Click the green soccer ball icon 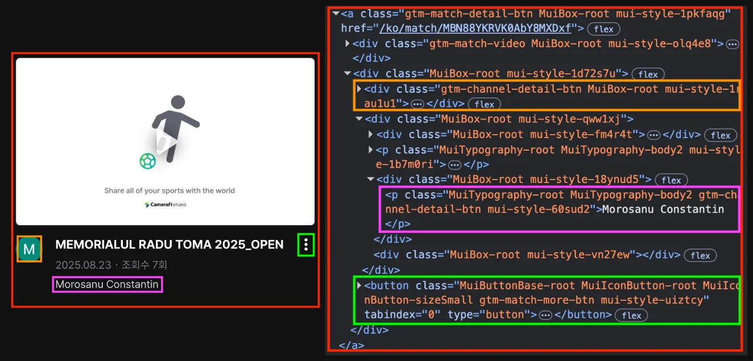coord(147,161)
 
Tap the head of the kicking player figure coord(177,103)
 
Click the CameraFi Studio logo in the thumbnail coord(165,204)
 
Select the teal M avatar coord(29,248)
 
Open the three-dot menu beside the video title coord(306,245)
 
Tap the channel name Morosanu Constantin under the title coord(107,284)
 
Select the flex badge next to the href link coord(603,28)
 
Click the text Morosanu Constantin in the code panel coord(663,209)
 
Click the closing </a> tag coord(351,345)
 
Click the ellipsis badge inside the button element coord(545,315)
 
